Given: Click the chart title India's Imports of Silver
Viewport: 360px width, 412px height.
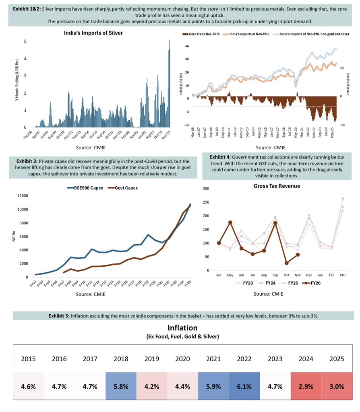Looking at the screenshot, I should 93,33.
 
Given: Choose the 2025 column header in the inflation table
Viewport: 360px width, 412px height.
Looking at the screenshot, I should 337,359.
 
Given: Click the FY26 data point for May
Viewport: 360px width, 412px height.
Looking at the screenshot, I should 230,222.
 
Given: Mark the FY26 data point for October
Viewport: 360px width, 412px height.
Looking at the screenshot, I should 286,263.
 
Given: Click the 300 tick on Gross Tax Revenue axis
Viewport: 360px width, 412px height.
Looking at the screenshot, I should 206,189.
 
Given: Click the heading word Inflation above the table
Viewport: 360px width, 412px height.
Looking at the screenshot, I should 180,328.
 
